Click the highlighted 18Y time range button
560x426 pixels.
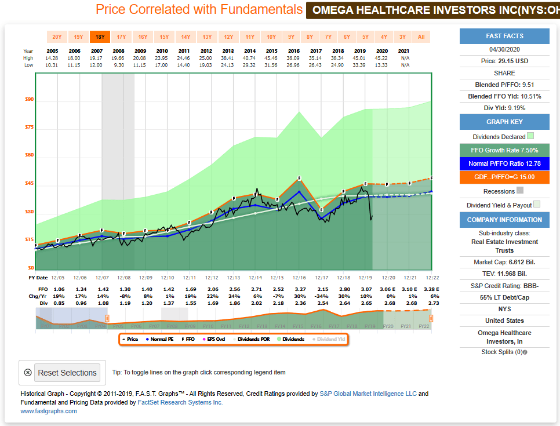[x=100, y=37]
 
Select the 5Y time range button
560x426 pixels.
[x=365, y=37]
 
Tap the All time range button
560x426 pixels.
[x=421, y=37]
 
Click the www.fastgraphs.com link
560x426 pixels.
[x=49, y=411]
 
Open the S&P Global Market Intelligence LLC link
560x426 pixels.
[x=368, y=394]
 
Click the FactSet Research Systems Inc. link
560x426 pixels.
[x=180, y=402]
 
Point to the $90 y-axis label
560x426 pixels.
[x=29, y=100]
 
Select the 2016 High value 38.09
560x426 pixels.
[x=294, y=58]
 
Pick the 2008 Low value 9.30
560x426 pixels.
[x=119, y=65]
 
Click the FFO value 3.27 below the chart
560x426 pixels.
[x=299, y=289]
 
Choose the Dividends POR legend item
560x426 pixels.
[x=253, y=339]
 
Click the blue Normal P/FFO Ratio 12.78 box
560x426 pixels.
[x=504, y=164]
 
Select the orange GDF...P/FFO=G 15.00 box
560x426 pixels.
[x=504, y=177]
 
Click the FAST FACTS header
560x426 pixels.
[x=504, y=36]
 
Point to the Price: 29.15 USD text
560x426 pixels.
[x=504, y=60]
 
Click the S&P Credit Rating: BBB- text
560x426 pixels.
[x=504, y=285]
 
